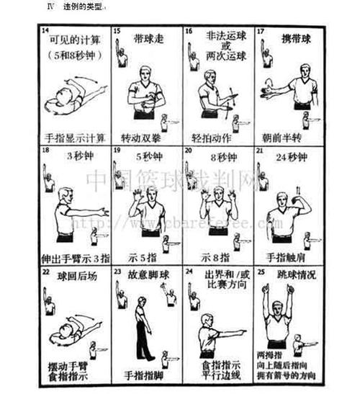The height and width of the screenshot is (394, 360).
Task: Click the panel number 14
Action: click(x=44, y=31)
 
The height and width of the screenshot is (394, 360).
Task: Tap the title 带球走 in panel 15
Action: click(x=148, y=36)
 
